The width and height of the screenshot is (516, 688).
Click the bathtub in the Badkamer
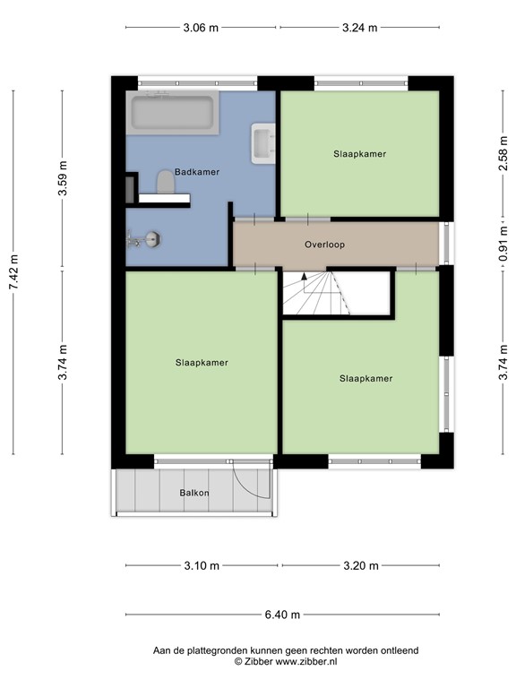click(x=174, y=114)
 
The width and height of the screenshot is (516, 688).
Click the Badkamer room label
click(x=197, y=171)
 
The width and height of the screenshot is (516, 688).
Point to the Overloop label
click(x=324, y=244)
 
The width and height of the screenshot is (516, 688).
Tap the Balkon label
click(x=194, y=494)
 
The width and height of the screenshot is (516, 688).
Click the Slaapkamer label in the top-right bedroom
click(x=359, y=154)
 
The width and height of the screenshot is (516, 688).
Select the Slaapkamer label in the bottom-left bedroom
click(x=202, y=363)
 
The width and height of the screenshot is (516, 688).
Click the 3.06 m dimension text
click(x=201, y=28)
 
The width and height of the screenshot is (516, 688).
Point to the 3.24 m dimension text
click(x=360, y=28)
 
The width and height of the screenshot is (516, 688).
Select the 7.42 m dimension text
click(x=13, y=271)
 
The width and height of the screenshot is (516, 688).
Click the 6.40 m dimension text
click(x=281, y=615)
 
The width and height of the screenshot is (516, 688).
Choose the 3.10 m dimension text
click(x=201, y=565)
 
